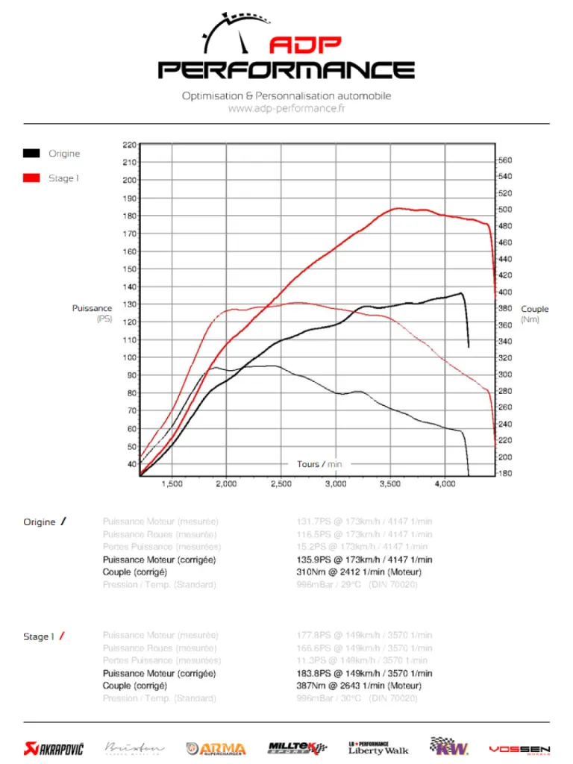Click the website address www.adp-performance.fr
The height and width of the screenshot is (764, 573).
point(286,109)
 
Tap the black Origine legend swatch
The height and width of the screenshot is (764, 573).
point(31,154)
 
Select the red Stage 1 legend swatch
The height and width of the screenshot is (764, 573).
point(31,178)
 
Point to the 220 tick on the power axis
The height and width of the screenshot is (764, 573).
point(130,145)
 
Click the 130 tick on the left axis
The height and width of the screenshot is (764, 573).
point(130,304)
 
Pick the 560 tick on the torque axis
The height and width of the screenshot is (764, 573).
point(505,160)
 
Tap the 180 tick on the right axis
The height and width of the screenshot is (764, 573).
point(505,473)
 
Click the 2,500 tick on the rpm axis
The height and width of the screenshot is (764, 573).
point(281,484)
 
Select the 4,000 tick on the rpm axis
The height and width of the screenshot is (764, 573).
point(445,484)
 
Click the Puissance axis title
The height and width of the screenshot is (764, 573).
point(93,308)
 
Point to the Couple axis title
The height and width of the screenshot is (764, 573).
point(534,309)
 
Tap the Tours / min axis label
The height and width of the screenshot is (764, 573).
point(319,464)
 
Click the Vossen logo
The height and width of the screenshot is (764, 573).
point(519,748)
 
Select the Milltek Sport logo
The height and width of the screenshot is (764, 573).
point(297,748)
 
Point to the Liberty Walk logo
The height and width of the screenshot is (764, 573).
point(378,748)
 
